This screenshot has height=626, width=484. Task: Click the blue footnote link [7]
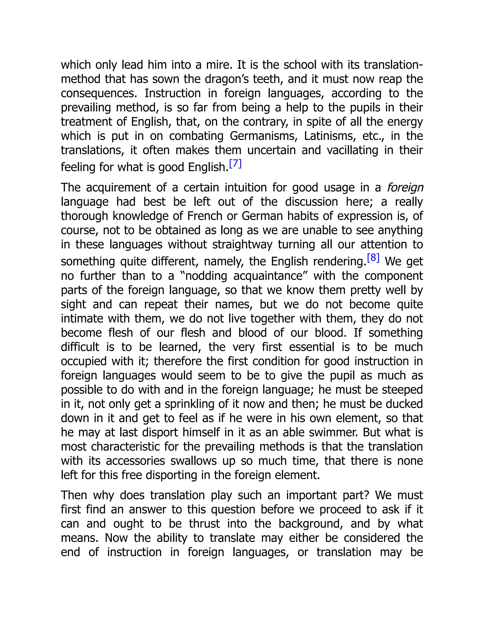pyautogui.click(x=235, y=164)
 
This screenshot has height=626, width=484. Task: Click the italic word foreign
pyautogui.click(x=405, y=188)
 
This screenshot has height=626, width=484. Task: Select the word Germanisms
pyautogui.click(x=262, y=136)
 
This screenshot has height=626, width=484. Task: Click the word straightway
pyautogui.click(x=242, y=244)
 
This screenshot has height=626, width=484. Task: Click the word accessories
pyautogui.click(x=135, y=461)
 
